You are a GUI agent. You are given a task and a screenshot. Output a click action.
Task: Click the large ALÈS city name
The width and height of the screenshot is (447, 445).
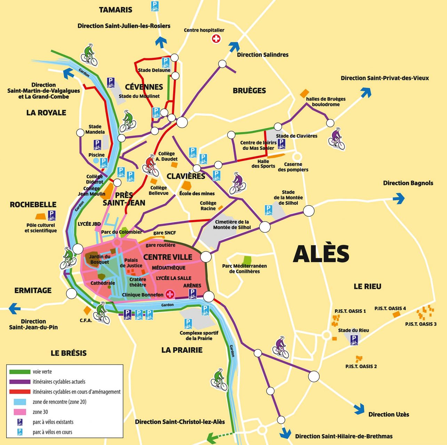pos(321,254)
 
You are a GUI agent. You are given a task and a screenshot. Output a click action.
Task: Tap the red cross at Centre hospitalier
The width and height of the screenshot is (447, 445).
pos(216,39)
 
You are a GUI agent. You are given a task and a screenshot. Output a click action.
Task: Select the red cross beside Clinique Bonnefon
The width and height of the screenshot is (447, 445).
pos(170,294)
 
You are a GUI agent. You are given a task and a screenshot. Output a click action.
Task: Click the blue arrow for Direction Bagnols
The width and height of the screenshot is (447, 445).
pos(399,198)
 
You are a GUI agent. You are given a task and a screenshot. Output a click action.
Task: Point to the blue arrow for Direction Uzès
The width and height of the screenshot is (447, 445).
pos(359,409)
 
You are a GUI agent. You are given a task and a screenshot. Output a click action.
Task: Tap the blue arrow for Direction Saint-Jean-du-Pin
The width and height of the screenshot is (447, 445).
pos(14,308)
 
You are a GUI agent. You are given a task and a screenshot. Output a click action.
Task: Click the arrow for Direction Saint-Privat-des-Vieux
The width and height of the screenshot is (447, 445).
pos(366,92)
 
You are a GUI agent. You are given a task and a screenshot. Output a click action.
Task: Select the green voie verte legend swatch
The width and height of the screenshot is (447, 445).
pos(20,372)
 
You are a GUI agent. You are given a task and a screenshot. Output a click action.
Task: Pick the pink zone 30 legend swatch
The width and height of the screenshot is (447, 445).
pos(20,412)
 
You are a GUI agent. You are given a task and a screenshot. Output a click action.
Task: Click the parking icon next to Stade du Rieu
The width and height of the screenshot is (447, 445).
pos(354,340)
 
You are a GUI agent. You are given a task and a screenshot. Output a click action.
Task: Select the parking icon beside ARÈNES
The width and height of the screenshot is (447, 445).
pos(192,294)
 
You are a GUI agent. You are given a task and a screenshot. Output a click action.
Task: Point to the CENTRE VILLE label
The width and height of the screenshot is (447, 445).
pos(168,257)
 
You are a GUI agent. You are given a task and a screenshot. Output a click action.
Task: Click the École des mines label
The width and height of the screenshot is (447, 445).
pos(197,193)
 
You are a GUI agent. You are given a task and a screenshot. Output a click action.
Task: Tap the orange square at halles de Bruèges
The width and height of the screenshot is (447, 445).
pos(304,93)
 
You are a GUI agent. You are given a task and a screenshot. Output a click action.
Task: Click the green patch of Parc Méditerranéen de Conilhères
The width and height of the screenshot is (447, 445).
pos(247,260)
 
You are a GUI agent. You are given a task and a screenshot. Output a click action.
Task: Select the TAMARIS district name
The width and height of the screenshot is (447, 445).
pos(115,10)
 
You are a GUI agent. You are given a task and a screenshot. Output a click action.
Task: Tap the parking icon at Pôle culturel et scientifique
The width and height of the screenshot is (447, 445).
pos(51,216)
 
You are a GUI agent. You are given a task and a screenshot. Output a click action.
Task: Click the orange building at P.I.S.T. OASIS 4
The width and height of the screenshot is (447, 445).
pos(396,314)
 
